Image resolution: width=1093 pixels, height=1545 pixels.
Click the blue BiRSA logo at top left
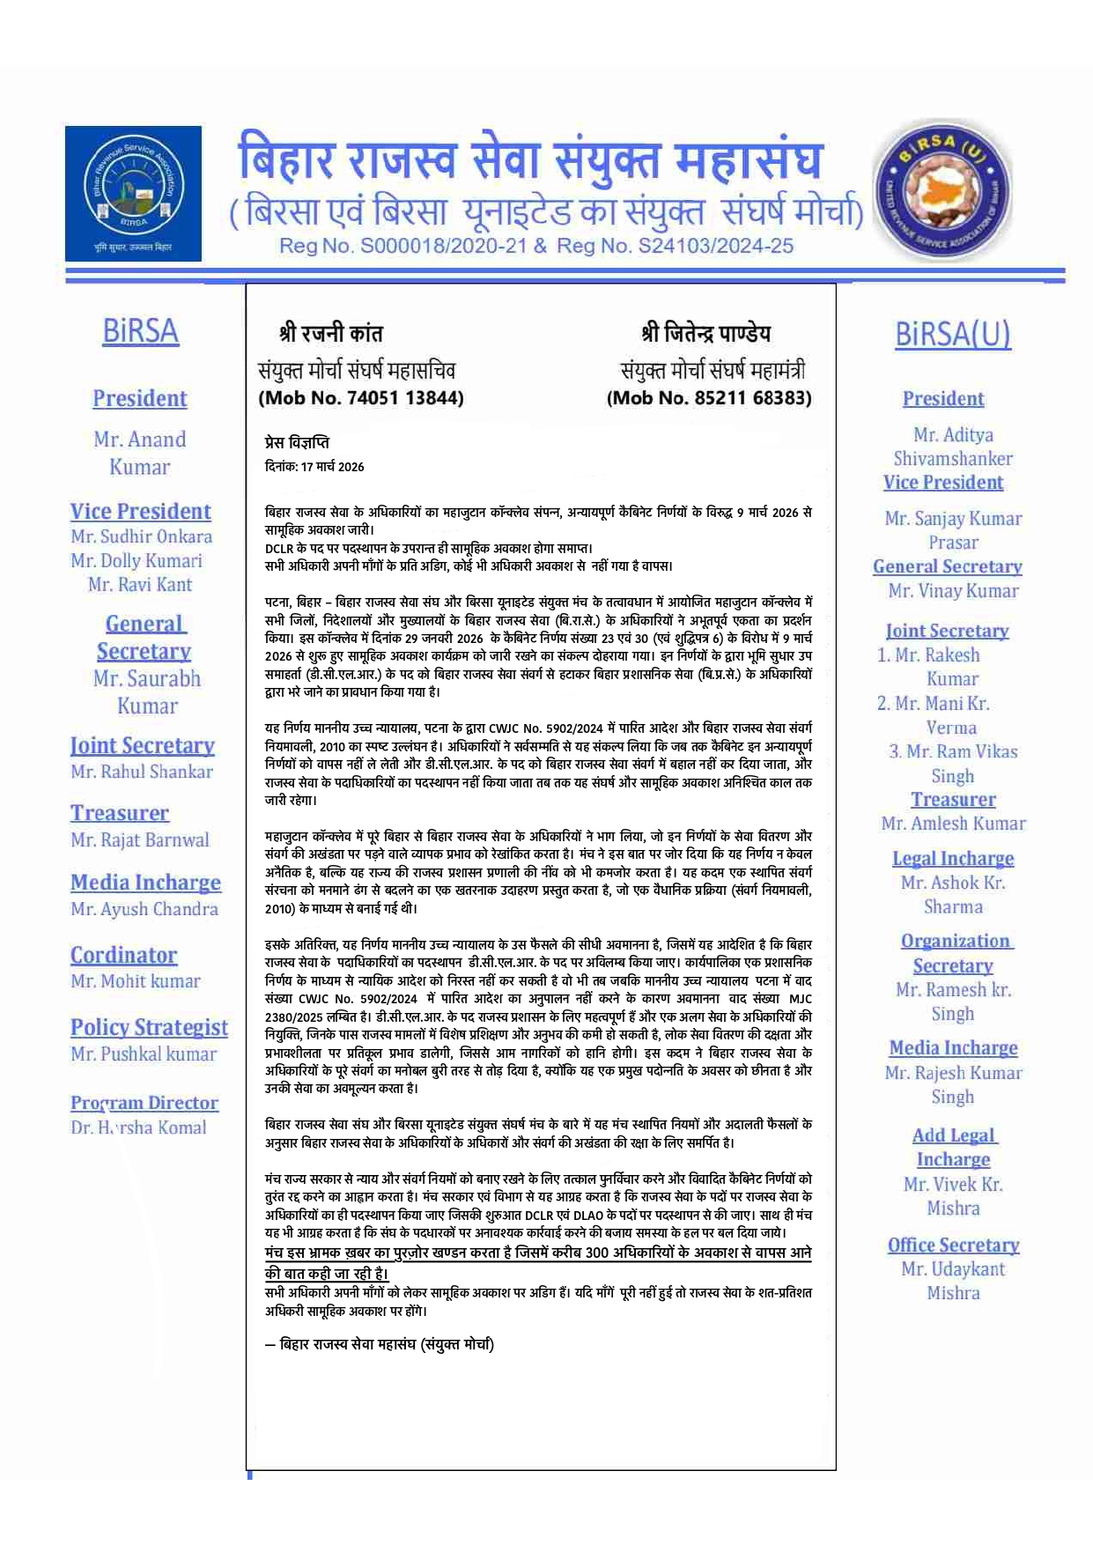(133, 193)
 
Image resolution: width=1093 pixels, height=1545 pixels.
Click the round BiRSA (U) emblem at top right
(942, 191)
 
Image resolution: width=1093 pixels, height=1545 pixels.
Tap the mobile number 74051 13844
(405, 398)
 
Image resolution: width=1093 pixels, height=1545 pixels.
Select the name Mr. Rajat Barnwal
(140, 840)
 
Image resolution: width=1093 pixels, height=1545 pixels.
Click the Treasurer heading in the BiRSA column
(120, 813)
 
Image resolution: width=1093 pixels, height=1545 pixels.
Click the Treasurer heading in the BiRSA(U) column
(953, 800)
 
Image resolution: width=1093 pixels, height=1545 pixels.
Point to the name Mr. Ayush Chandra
(144, 909)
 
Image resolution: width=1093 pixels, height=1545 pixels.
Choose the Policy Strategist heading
(149, 1027)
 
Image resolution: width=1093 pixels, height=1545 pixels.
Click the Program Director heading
(144, 1103)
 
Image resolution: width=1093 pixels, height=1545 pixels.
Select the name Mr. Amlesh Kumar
(953, 824)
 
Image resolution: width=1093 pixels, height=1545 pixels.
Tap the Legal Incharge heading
(953, 859)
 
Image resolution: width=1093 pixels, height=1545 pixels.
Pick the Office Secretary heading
(953, 1246)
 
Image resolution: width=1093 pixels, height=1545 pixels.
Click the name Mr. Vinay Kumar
(953, 591)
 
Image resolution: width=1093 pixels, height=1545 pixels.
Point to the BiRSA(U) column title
(953, 334)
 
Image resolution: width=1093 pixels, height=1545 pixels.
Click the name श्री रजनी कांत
(331, 334)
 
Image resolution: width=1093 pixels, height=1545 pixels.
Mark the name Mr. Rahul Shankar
(142, 772)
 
